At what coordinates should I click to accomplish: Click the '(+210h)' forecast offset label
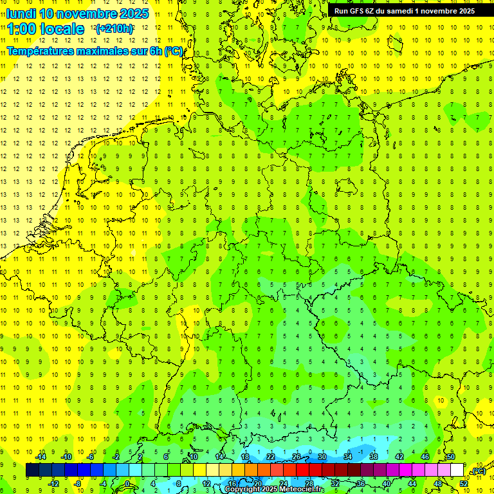[114, 29]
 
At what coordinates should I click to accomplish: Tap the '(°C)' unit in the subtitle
[174, 51]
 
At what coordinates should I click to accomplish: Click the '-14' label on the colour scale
[41, 457]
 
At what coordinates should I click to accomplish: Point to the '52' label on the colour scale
[464, 484]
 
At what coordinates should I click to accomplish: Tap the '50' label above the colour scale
[451, 457]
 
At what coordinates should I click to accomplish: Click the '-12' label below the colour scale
[53, 484]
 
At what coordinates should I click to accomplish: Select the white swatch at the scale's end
[457, 470]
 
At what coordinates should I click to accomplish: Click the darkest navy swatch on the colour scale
[32, 470]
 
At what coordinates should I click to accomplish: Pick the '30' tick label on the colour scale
[322, 457]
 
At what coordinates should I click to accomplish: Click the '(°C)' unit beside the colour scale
[477, 471]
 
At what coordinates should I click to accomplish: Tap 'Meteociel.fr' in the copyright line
[302, 489]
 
